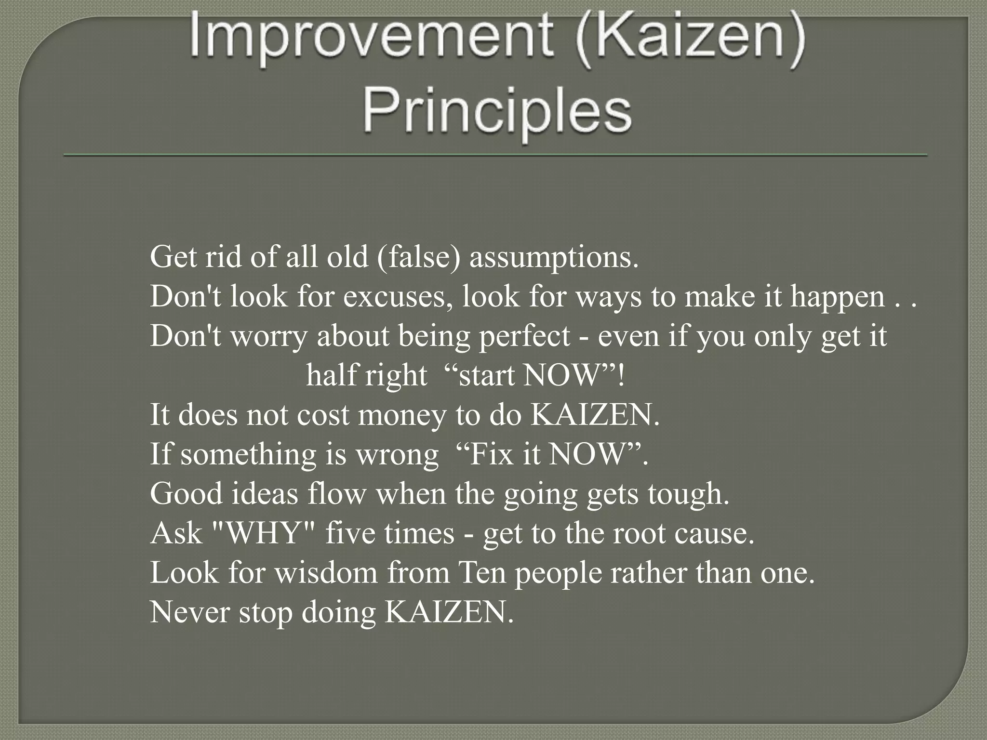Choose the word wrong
[397, 455]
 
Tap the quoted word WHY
[263, 533]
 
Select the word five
[350, 533]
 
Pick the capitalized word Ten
[480, 573]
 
